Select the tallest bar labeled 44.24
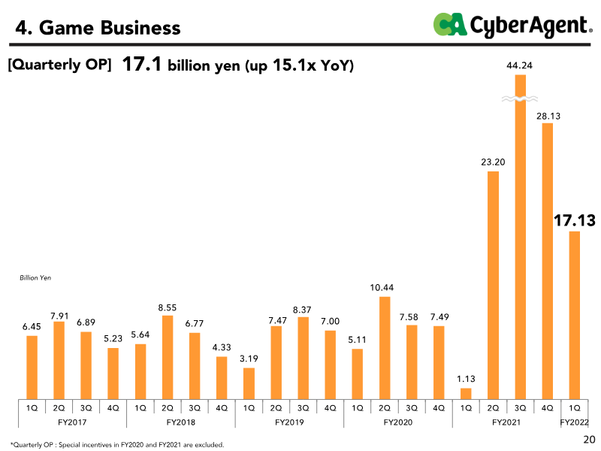pos(520,241)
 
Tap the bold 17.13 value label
pos(574,220)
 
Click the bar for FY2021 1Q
pos(466,393)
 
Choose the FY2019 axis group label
pos(289,422)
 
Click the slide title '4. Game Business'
pos(98,28)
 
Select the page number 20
pos(589,439)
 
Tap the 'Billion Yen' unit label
pos(35,277)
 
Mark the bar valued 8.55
pos(168,357)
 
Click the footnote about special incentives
pos(117,444)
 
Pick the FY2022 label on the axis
pos(575,422)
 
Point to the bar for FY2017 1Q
pos(32,367)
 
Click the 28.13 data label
pos(548,116)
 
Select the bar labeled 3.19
pos(249,383)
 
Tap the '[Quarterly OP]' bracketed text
pos(60,65)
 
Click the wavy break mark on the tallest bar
pos(520,98)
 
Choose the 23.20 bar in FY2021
pos(493,286)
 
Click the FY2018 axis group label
pos(180,422)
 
